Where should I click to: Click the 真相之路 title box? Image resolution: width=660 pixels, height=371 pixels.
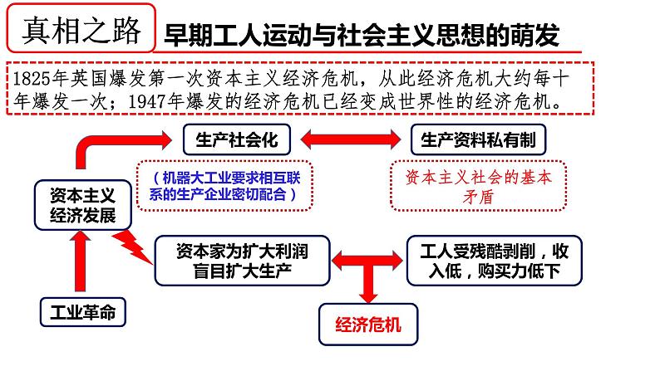coord(81,28)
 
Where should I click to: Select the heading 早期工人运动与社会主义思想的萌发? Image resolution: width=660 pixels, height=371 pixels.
coord(361,35)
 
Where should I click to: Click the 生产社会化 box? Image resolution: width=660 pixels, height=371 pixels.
coord(237,139)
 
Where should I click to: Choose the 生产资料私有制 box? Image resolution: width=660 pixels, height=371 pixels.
coord(478,139)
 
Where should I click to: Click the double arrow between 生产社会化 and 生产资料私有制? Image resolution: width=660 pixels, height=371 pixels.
coord(351,139)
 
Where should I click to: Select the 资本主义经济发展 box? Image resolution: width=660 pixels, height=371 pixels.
coord(83,205)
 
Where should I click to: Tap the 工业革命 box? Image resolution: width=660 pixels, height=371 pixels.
coord(83,312)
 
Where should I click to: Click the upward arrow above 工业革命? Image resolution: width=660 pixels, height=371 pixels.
coord(80,261)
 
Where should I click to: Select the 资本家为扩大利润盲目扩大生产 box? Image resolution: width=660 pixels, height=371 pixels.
coord(242,261)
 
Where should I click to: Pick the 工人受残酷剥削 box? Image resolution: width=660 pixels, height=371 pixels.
coord(494,261)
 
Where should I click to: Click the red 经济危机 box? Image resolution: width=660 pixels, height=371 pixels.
coord(368,325)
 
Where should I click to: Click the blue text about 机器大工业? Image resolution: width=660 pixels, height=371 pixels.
coord(224,186)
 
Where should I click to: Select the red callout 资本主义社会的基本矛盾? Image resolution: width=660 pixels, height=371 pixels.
coord(478,186)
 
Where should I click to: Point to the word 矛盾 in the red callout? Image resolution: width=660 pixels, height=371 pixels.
coord(478,196)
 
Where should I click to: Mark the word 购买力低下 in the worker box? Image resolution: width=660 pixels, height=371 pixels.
coord(519,271)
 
